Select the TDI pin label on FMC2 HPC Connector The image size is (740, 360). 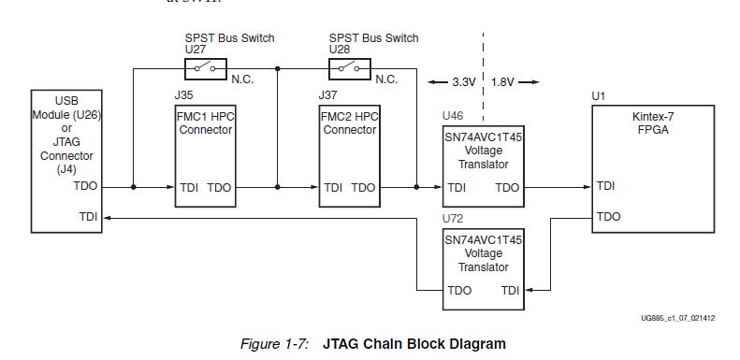coord(333,188)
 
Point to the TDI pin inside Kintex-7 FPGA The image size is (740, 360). coord(606,186)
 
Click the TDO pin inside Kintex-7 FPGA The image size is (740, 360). coord(608,216)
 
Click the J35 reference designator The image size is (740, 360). coord(183,95)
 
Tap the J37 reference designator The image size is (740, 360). coord(327,95)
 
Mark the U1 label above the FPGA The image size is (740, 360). coord(599,95)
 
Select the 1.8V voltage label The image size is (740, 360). coord(503,82)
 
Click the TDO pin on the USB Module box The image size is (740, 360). coord(84,186)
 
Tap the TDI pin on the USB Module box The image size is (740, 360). coord(88,216)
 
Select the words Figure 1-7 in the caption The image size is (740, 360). coord(274,343)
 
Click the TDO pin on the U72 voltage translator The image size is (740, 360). coord(459,291)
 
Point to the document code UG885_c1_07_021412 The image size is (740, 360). coord(677,318)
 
